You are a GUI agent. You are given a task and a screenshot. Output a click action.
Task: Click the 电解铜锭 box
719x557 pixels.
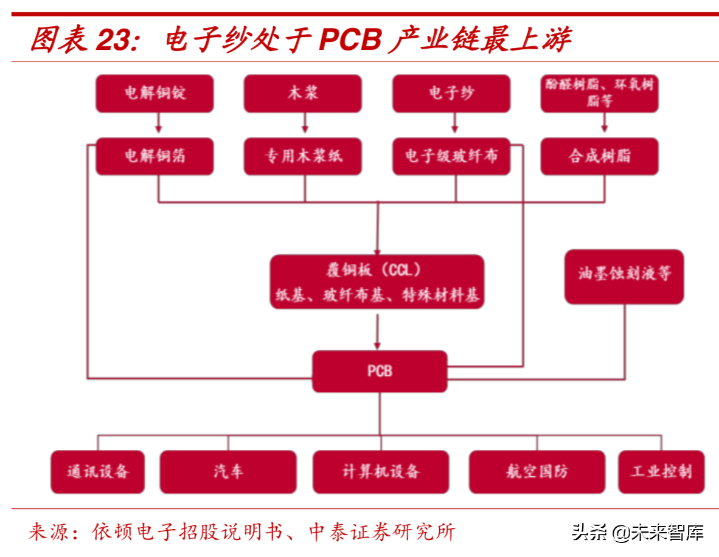pyautogui.click(x=155, y=94)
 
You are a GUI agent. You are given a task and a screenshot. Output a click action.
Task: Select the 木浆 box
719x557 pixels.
pyautogui.click(x=303, y=94)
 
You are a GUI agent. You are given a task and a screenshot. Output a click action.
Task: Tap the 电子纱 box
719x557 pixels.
pyautogui.click(x=451, y=94)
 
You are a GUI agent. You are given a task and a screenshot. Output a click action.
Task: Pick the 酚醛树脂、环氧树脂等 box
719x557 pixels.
pyautogui.click(x=599, y=94)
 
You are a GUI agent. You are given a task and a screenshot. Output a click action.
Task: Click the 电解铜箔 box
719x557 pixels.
pyautogui.click(x=155, y=156)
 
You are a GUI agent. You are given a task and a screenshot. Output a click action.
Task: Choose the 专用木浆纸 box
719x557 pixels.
pyautogui.click(x=303, y=156)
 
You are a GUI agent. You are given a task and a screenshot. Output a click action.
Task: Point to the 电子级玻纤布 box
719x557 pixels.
pyautogui.click(x=451, y=156)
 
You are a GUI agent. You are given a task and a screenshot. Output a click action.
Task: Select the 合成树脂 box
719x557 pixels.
pyautogui.click(x=599, y=156)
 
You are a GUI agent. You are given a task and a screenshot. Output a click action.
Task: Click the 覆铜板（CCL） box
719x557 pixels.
pyautogui.click(x=377, y=282)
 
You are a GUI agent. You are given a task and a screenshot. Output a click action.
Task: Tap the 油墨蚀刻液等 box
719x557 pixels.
pyautogui.click(x=624, y=276)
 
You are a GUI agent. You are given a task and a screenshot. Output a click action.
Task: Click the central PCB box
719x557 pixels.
pyautogui.click(x=380, y=371)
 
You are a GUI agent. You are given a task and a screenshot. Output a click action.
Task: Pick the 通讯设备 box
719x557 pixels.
pyautogui.click(x=97, y=471)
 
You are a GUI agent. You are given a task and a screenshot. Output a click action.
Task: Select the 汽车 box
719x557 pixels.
pyautogui.click(x=228, y=471)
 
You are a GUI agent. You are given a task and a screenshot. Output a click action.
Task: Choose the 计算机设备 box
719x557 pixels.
pyautogui.click(x=381, y=471)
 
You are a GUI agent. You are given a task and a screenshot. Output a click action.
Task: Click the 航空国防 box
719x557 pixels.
pyautogui.click(x=537, y=471)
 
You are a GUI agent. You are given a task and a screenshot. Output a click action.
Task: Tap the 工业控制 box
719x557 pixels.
pyautogui.click(x=661, y=471)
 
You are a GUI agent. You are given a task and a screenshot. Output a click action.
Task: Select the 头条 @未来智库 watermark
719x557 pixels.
pyautogui.click(x=637, y=533)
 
